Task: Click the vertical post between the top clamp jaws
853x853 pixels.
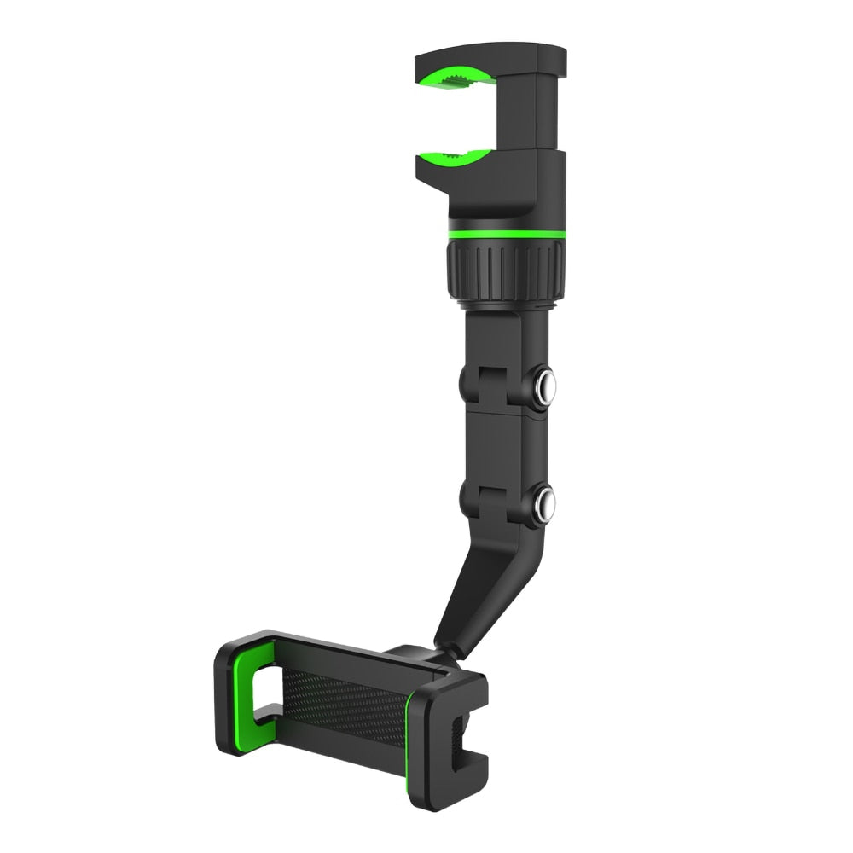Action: coord(527,111)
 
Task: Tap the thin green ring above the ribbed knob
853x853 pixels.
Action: coord(505,233)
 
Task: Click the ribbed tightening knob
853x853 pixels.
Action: coord(505,271)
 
